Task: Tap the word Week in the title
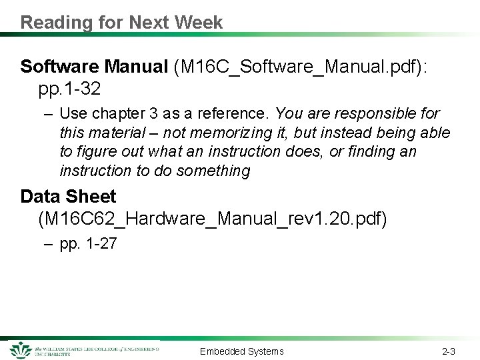tap(199, 23)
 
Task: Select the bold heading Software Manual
tap(94, 67)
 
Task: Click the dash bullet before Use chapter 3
tap(47, 114)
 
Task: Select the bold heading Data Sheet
tap(68, 197)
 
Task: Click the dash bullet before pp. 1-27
tap(47, 244)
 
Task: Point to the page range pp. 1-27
tap(88, 244)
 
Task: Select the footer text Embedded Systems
tap(241, 351)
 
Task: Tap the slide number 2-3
tap(448, 351)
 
